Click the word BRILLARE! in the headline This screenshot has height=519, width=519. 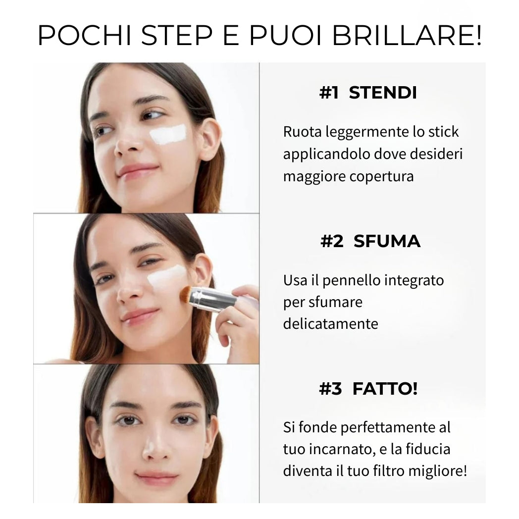[407, 35]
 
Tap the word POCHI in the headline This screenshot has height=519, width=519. [84, 35]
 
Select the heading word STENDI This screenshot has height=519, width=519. [383, 92]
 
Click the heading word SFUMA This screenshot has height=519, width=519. [387, 241]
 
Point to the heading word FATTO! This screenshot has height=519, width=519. [385, 389]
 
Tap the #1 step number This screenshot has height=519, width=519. [329, 92]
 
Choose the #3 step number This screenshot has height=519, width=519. [330, 389]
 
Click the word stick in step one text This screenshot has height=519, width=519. [444, 132]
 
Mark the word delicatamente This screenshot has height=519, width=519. [330, 324]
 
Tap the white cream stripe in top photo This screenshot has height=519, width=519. [168, 134]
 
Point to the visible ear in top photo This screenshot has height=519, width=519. [209, 139]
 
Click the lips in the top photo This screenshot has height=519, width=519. [137, 170]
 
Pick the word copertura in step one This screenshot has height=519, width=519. [382, 176]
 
